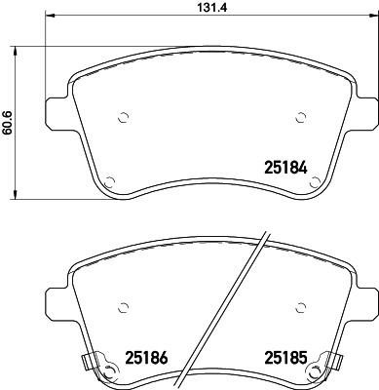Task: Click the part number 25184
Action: coord(285,167)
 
